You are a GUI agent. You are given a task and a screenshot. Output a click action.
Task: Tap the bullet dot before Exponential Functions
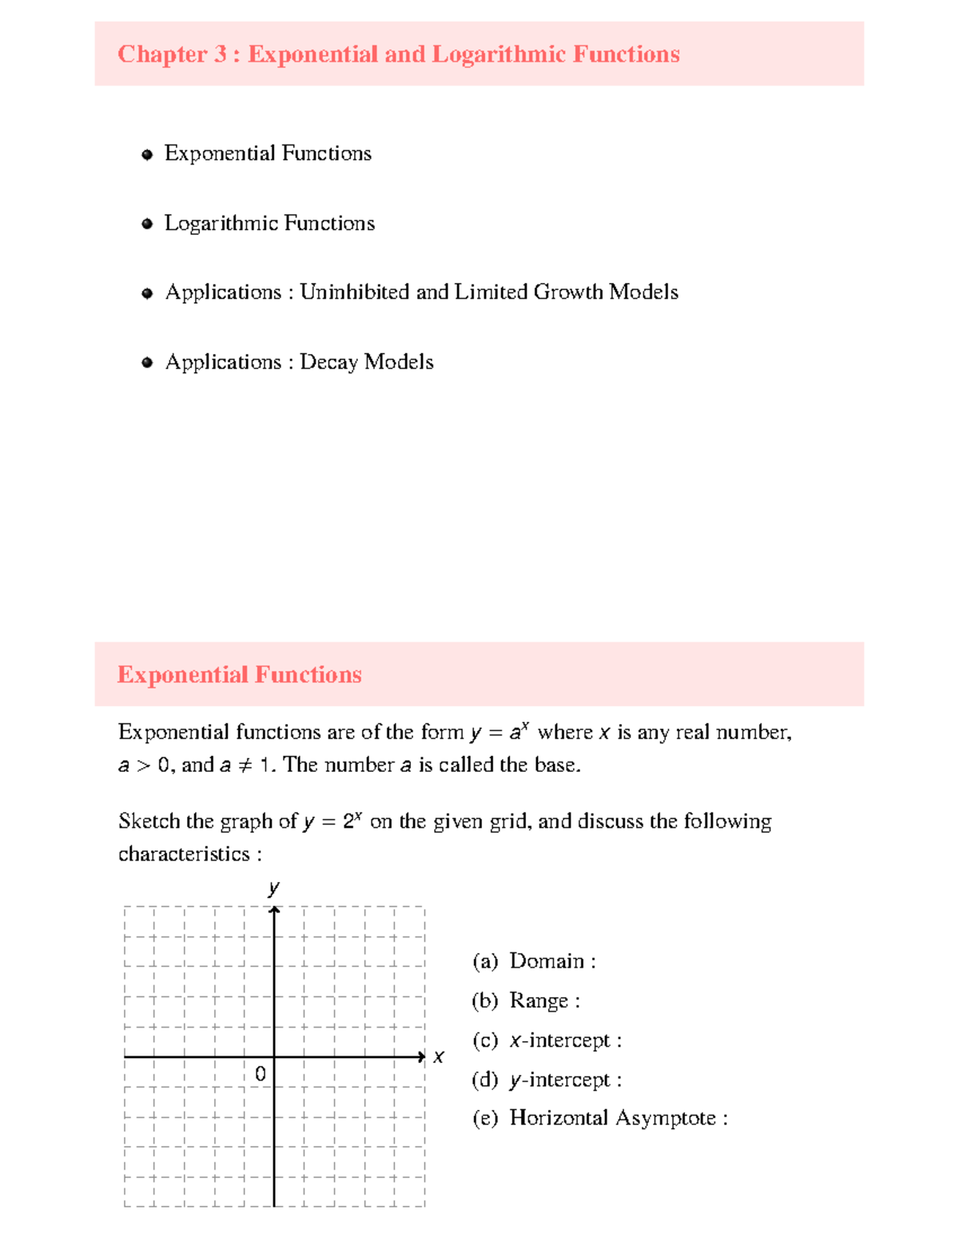pos(147,155)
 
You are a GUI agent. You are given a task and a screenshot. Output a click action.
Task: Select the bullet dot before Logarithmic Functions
pos(147,225)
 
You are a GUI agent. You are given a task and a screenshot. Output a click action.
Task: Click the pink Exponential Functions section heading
pos(239,674)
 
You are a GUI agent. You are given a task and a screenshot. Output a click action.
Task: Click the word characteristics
pos(184,854)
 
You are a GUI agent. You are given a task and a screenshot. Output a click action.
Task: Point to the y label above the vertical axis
pos(274,887)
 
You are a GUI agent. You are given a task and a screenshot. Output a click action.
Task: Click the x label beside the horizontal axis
pos(438,1057)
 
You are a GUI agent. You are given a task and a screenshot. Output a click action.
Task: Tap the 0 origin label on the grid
pos(260,1074)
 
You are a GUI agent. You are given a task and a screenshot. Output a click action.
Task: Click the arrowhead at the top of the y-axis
pos(274,911)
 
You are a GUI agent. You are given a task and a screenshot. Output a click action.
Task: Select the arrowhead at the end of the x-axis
pos(421,1057)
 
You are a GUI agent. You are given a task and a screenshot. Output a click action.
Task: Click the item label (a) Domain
pos(533,961)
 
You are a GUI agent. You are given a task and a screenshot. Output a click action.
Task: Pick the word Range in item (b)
pos(539,1001)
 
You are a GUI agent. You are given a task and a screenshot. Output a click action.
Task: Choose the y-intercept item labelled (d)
pos(546,1080)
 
